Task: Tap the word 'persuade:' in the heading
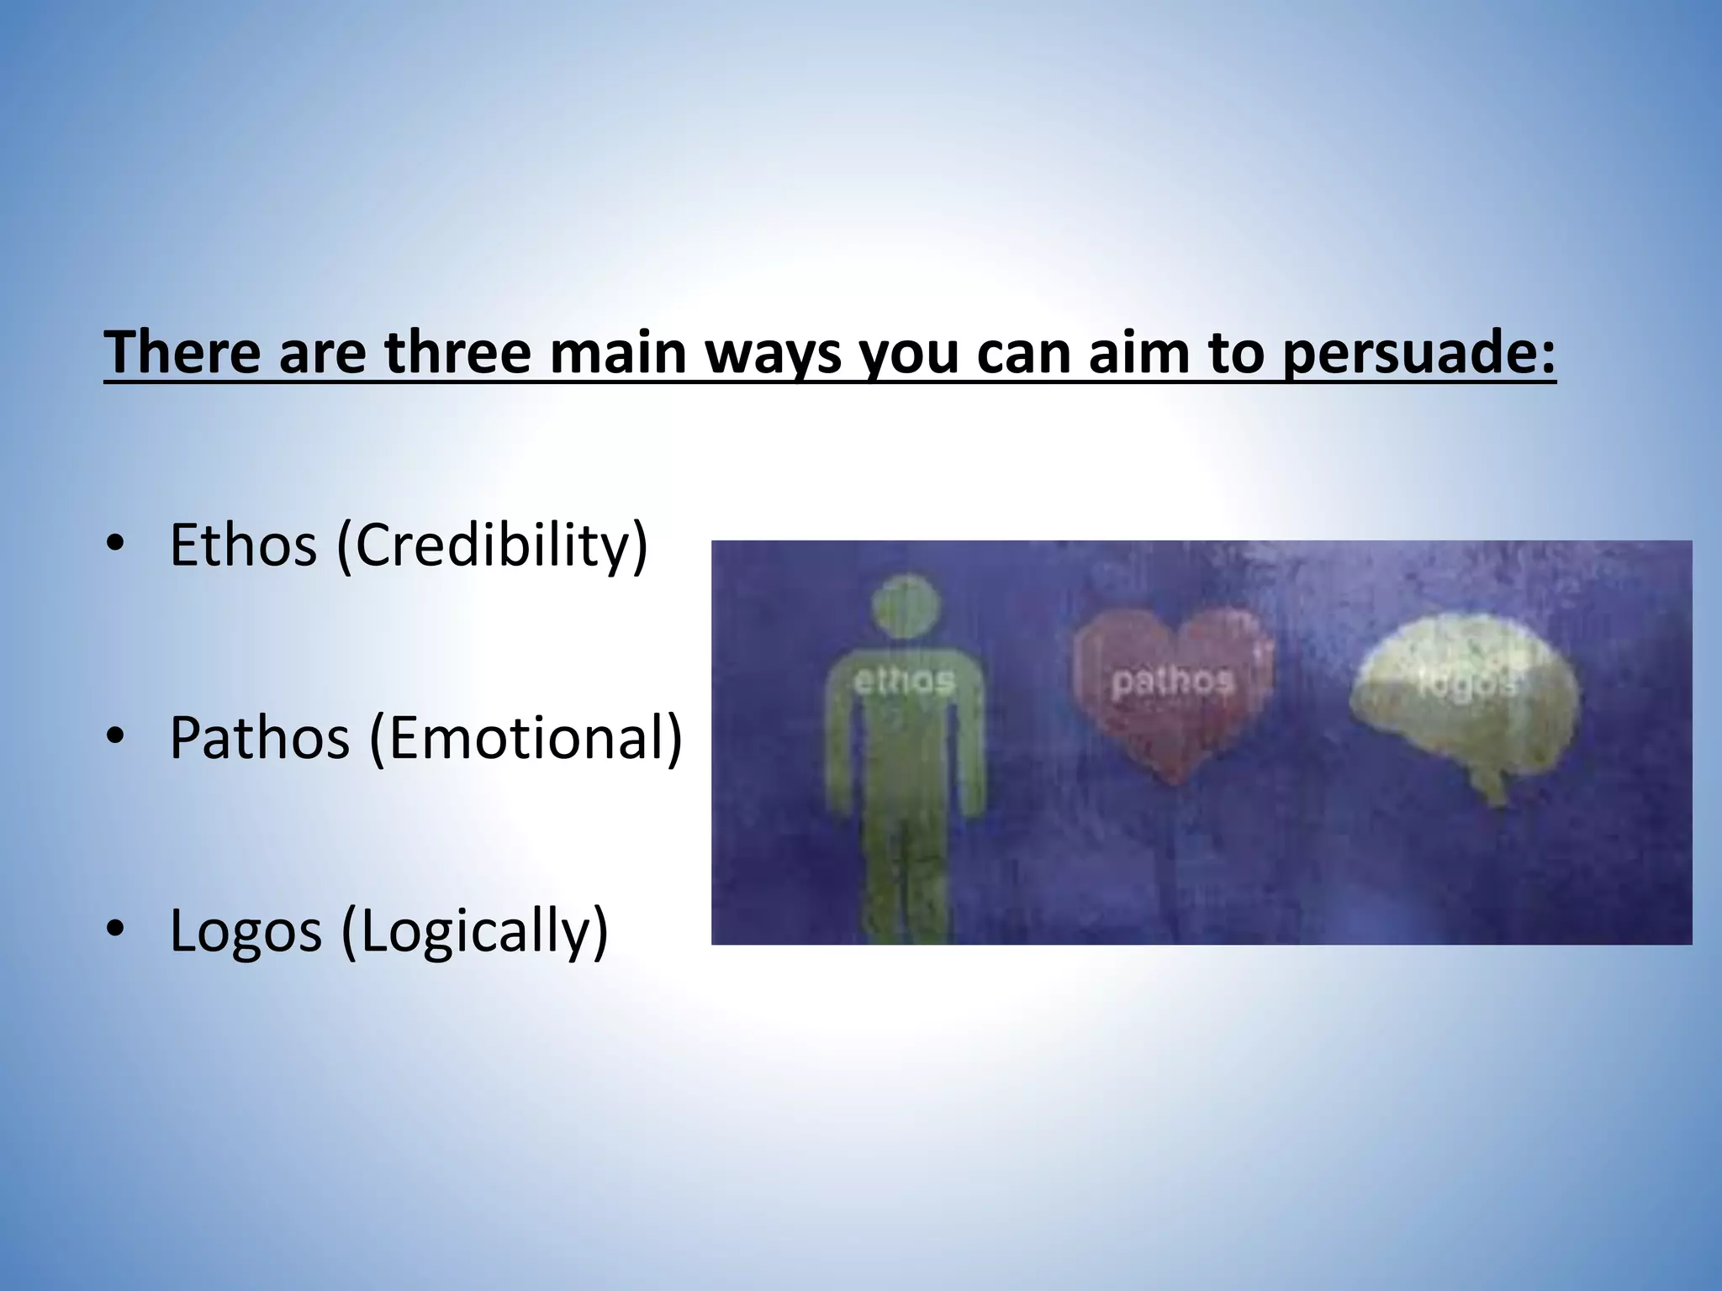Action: click(x=1419, y=354)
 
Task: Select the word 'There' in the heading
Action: click(x=182, y=352)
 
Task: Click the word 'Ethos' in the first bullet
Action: click(x=243, y=545)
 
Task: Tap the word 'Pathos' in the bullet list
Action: click(x=259, y=738)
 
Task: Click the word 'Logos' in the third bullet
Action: click(x=246, y=930)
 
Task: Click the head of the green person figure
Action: click(x=904, y=604)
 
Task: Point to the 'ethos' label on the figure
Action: click(x=904, y=681)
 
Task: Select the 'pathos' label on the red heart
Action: click(x=1172, y=681)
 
